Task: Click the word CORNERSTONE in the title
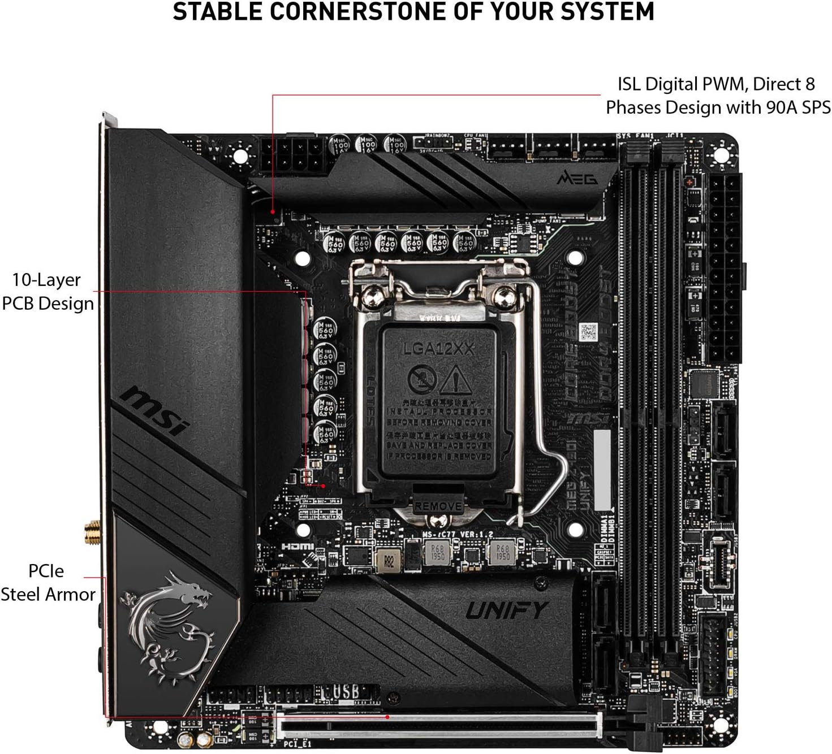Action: tap(334, 12)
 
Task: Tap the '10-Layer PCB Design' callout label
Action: tap(48, 292)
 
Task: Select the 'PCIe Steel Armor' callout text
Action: tap(48, 583)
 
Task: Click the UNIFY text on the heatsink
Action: tap(507, 610)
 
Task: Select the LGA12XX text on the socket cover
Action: tap(438, 349)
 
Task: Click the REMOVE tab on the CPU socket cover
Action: tap(438, 506)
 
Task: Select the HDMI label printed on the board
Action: tap(298, 547)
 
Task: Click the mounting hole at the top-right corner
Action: tap(723, 152)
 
